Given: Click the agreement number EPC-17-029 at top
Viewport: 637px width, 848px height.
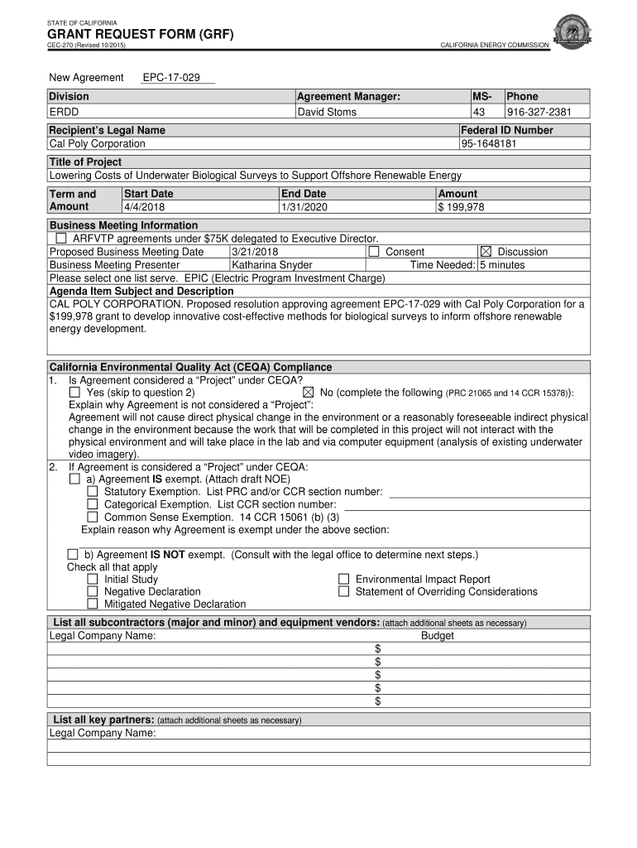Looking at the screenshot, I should (x=171, y=77).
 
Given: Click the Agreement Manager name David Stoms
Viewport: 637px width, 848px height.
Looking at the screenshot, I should (x=327, y=112).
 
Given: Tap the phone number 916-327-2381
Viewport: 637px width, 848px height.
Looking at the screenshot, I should (x=538, y=112).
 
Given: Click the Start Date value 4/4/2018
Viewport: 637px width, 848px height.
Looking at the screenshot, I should (x=145, y=207).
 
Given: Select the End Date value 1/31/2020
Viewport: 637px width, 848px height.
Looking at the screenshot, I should (x=305, y=207).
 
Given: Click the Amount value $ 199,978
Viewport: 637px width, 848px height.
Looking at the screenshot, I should (x=462, y=207).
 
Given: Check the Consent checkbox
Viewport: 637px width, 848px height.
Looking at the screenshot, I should (x=374, y=252).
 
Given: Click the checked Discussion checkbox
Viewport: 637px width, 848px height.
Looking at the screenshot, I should (x=486, y=252).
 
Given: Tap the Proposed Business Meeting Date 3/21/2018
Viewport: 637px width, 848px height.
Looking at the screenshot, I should (x=255, y=252).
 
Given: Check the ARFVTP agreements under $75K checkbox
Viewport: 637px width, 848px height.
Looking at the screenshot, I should (x=61, y=238).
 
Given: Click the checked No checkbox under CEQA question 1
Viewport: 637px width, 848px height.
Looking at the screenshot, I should (x=309, y=392).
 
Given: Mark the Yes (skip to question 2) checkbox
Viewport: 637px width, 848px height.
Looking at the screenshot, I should (x=75, y=392).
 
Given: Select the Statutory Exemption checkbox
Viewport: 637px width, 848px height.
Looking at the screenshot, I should (x=93, y=492).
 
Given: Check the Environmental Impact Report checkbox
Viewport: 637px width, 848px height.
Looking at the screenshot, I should (x=344, y=580).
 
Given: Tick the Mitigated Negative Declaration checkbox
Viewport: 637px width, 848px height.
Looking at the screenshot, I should (x=93, y=605).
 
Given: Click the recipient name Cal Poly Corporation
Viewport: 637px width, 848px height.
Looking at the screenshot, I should (x=97, y=143).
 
